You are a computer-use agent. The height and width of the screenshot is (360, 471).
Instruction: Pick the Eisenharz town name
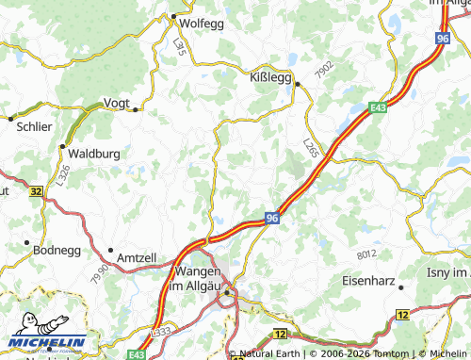[368, 280]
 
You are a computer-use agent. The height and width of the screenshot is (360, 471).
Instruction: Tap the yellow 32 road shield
[35, 191]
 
